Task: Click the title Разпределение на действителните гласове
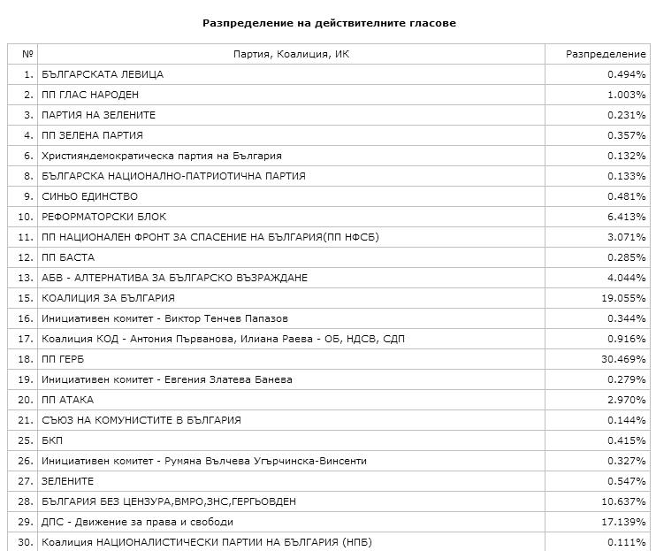329,23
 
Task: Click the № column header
27,54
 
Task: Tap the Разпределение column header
606,54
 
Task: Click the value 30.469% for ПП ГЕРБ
623,359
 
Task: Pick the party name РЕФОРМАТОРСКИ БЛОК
103,217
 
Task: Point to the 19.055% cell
623,298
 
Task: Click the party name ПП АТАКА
67,400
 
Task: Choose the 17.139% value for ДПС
623,522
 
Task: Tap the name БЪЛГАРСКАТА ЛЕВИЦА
102,74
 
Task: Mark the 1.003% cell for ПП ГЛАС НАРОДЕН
626,95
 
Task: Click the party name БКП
52,440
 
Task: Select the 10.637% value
623,501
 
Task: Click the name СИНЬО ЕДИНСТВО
89,196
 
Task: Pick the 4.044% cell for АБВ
626,278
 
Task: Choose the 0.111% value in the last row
626,542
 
